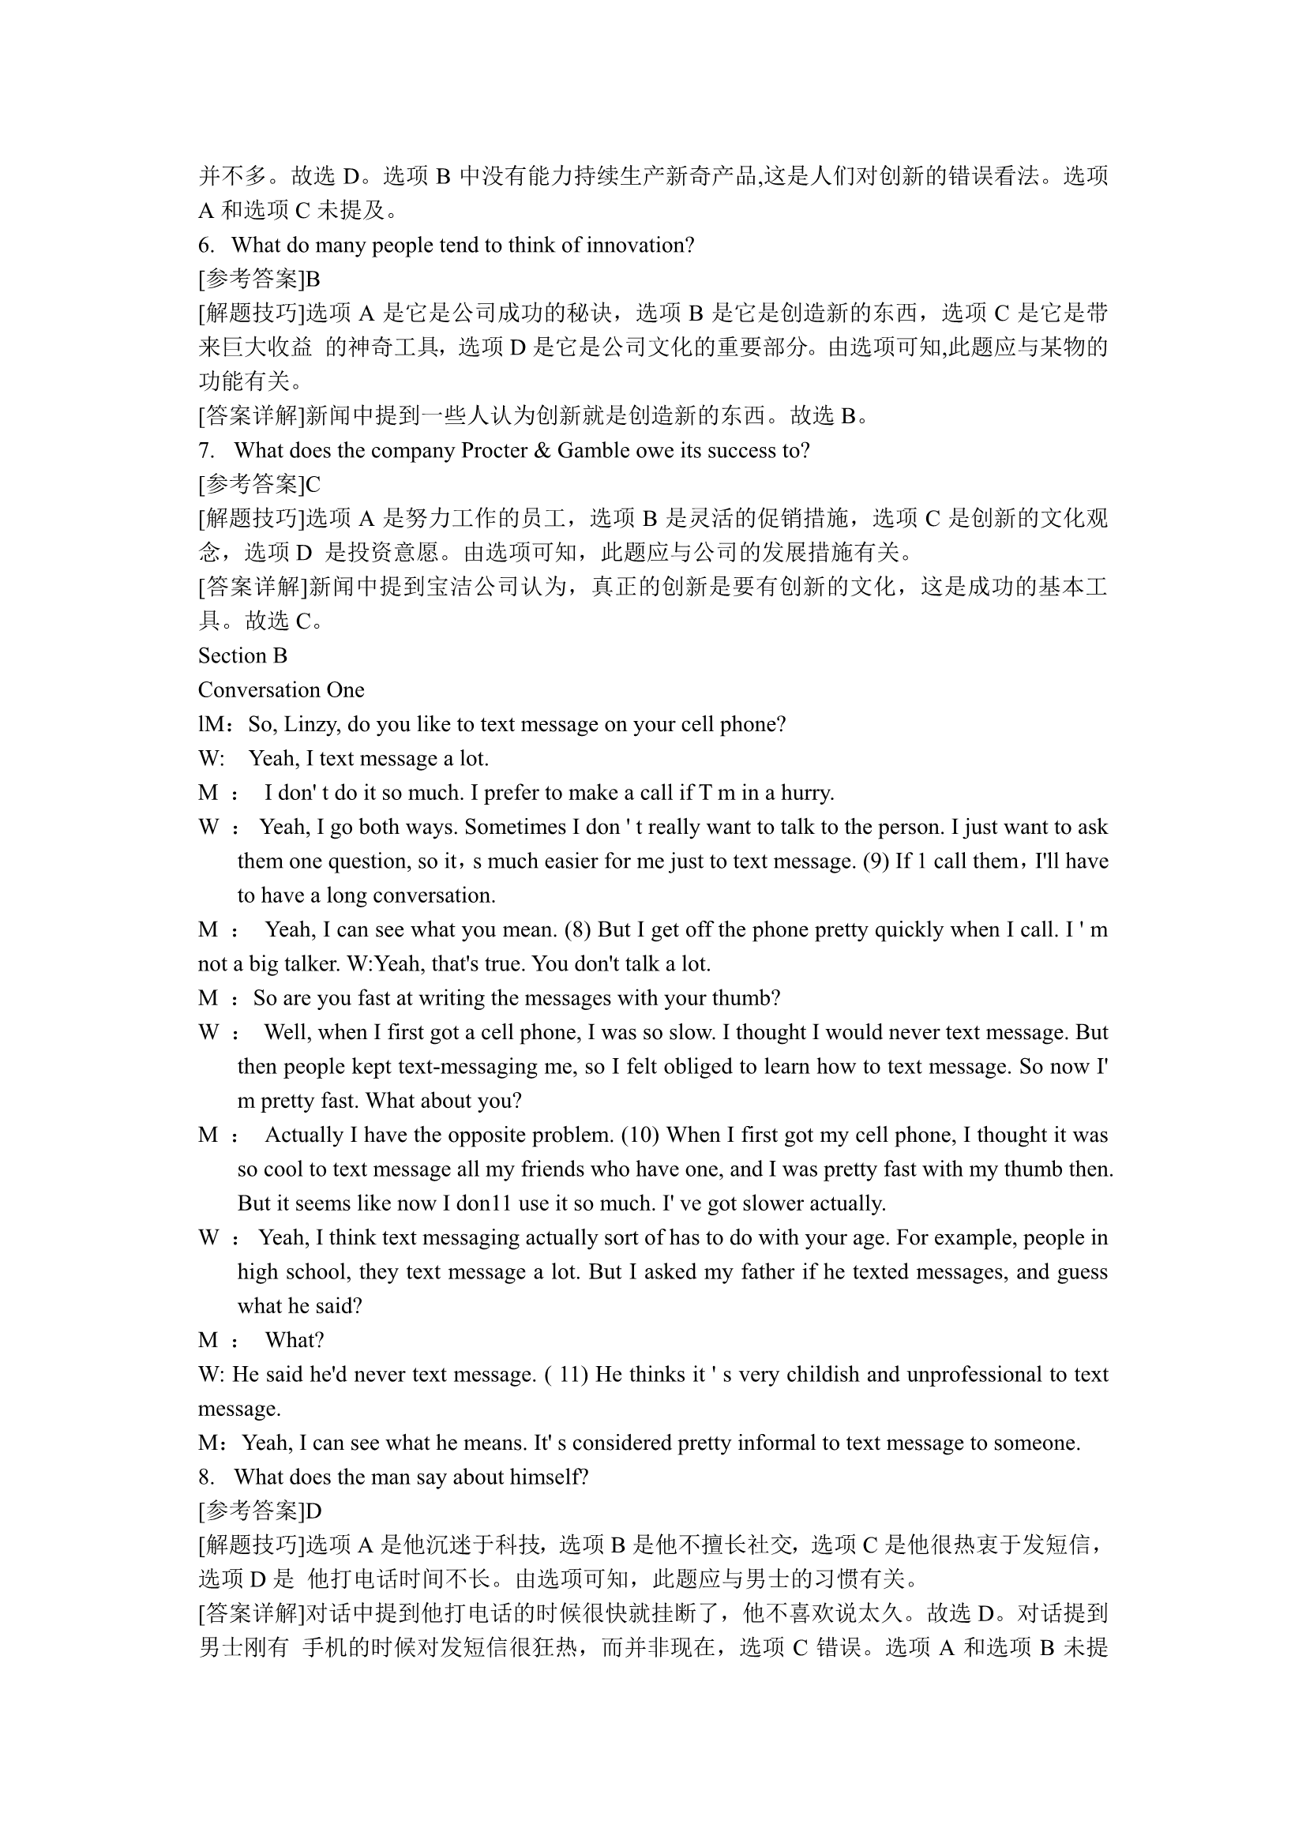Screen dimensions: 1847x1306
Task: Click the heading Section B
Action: (242, 655)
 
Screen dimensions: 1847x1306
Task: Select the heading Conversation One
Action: (280, 690)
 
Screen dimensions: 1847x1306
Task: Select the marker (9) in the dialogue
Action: (876, 862)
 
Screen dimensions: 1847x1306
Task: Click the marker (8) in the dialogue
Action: (577, 930)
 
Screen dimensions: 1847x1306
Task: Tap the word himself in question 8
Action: (550, 1477)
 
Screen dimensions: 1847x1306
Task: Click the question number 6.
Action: (206, 246)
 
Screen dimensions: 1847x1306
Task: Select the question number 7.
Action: (206, 450)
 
